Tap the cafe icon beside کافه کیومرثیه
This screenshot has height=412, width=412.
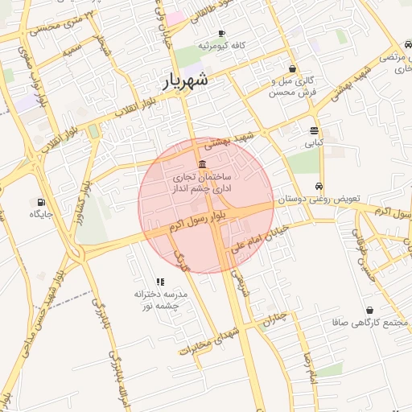222,33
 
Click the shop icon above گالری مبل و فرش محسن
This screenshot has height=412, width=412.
291,69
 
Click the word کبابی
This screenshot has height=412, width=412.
312,144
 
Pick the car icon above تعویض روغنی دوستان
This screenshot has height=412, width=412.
320,186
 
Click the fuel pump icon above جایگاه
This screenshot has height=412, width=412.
41,202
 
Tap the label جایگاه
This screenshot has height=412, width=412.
41,214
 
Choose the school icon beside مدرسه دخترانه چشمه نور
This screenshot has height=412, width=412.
160,282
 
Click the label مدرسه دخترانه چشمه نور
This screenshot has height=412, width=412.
160,300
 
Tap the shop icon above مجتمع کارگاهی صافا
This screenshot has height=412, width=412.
369,310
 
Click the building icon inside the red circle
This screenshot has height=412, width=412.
200,164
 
